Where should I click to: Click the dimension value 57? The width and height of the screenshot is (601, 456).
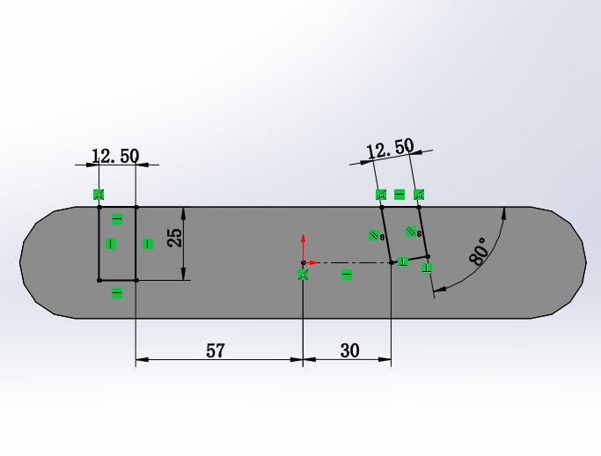pos(216,350)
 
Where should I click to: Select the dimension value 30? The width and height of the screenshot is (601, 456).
pos(349,350)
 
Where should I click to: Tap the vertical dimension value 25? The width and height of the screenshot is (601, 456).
pos(175,238)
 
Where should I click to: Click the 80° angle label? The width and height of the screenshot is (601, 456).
pos(480,250)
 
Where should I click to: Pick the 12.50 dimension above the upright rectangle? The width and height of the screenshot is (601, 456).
pos(115,156)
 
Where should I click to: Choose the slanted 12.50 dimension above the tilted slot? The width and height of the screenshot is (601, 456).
pos(390,148)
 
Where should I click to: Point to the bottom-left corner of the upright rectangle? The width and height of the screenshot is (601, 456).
pos(99,280)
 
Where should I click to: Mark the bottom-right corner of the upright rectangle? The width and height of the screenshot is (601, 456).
pos(136,280)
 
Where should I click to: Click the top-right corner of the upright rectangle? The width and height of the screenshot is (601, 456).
pos(136,208)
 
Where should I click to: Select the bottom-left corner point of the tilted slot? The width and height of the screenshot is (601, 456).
pos(391,261)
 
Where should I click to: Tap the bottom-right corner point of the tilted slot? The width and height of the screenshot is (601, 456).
pos(427,256)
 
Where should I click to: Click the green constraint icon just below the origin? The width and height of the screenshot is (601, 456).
pos(303,275)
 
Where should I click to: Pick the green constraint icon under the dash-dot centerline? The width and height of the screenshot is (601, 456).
pos(347,275)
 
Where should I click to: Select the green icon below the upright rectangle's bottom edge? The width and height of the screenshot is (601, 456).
pos(117,293)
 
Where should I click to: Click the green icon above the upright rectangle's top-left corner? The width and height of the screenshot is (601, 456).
pos(99,194)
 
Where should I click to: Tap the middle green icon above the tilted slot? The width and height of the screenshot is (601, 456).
pos(399,194)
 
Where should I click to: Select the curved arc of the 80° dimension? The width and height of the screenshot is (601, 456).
pos(493,264)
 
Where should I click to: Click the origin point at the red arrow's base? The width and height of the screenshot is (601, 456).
pos(303,262)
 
